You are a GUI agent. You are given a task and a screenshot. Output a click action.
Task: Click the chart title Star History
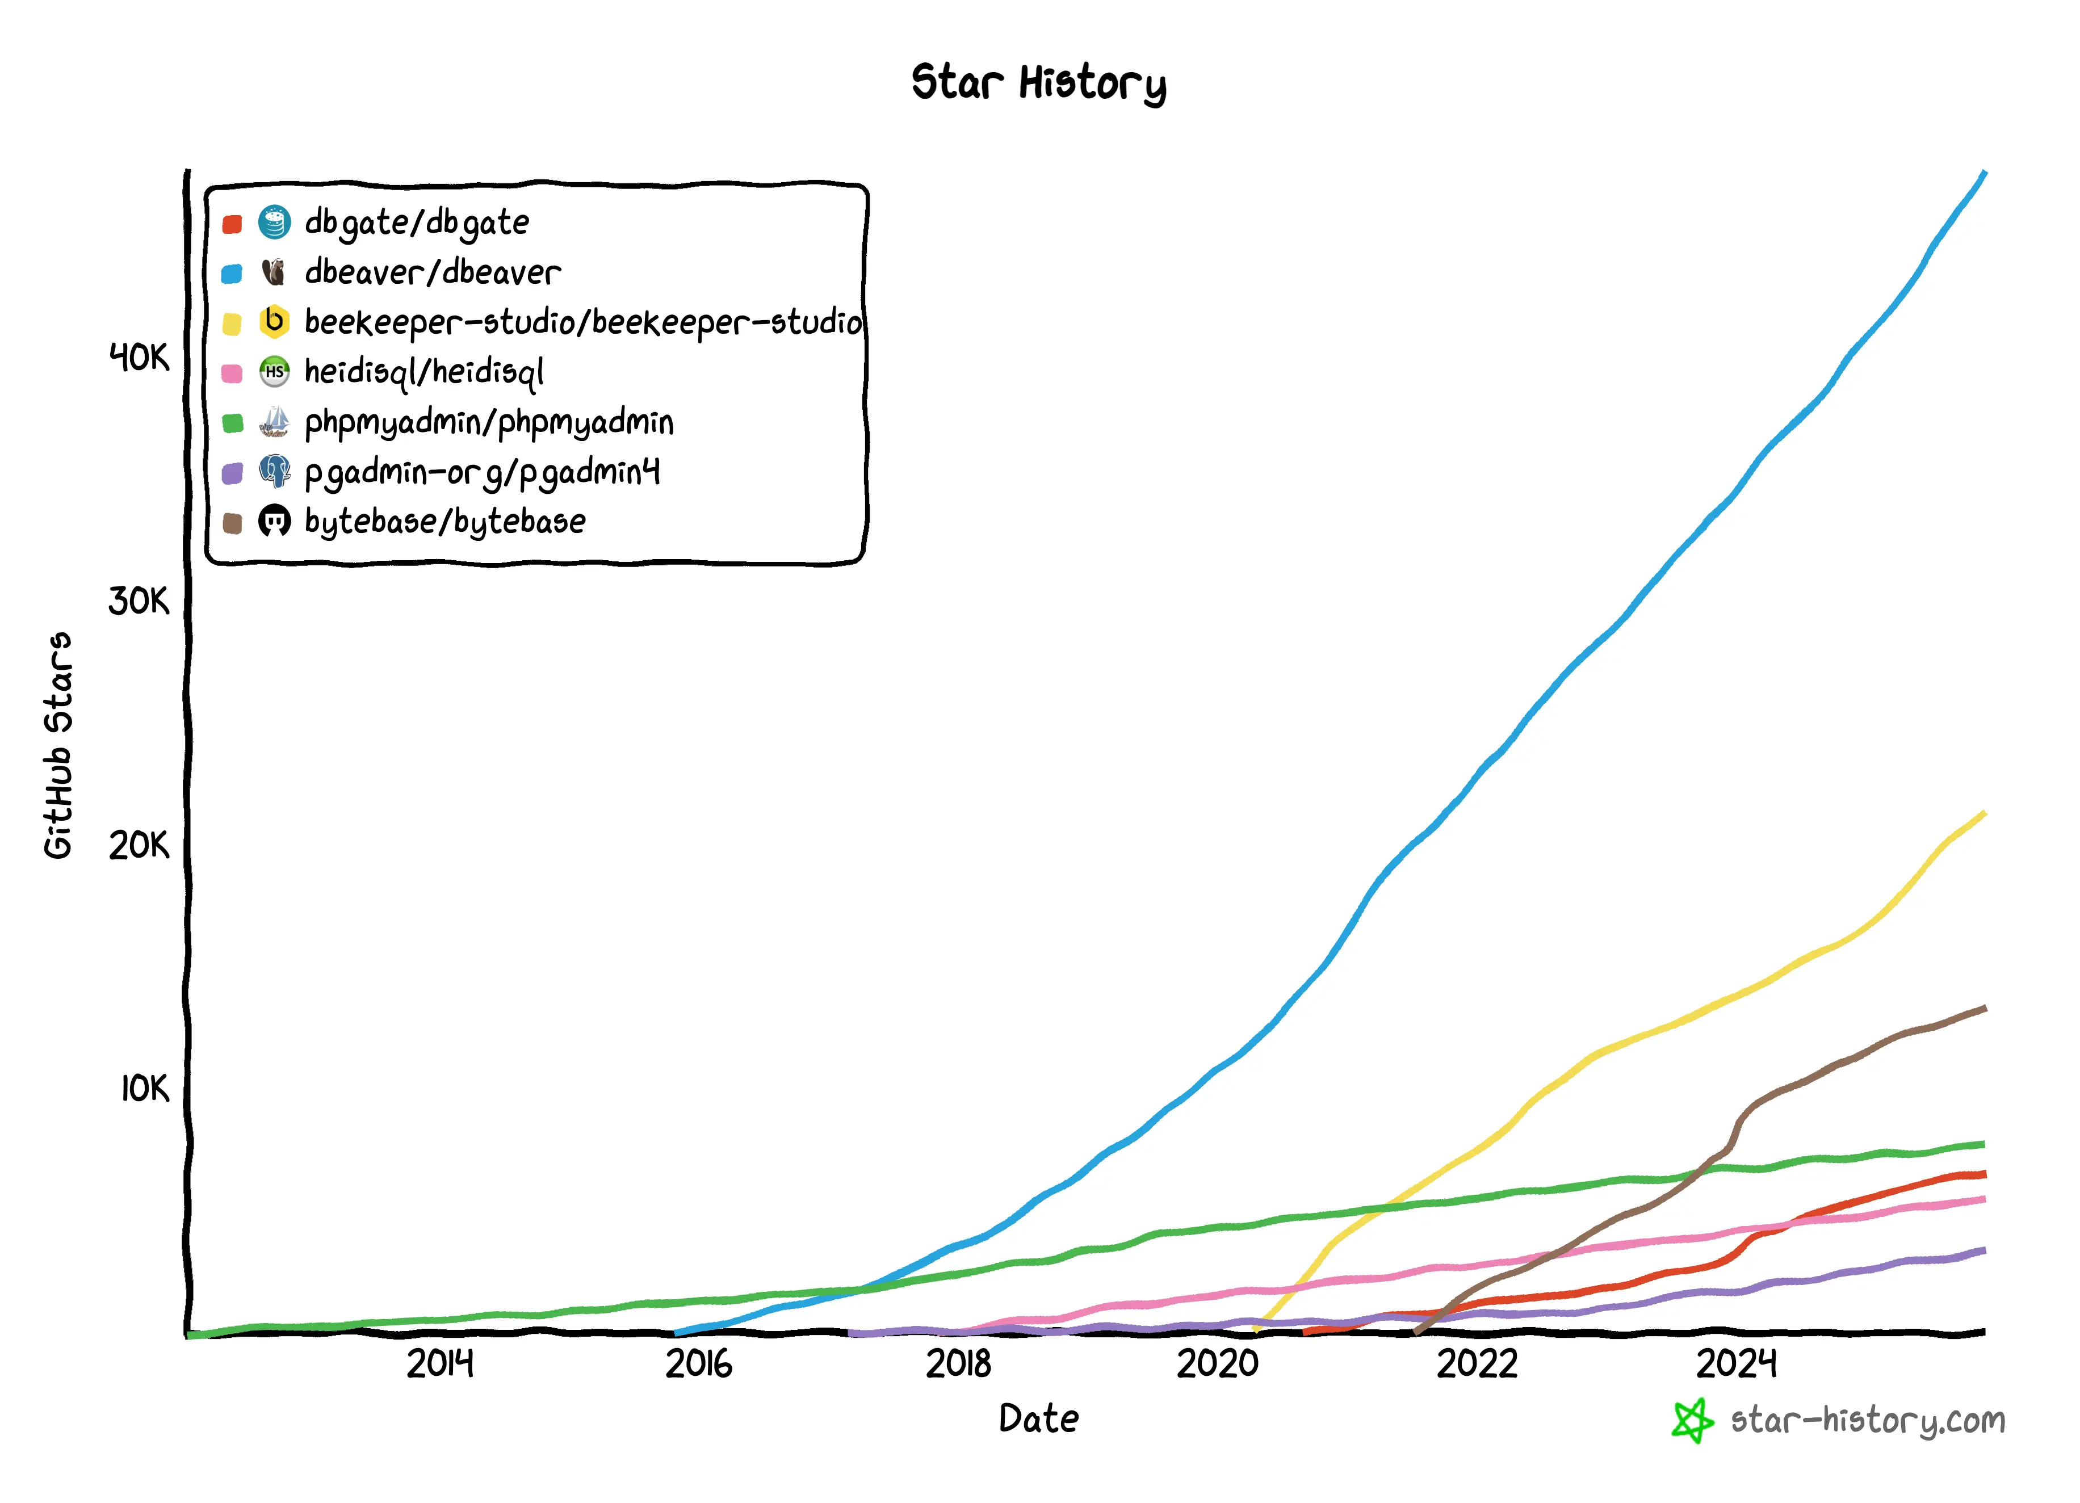coord(1038,82)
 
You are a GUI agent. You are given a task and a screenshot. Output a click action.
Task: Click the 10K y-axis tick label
coord(145,1089)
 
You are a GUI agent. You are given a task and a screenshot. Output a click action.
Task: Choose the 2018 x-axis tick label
coord(958,1365)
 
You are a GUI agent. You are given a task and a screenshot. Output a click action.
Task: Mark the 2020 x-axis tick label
coord(1218,1365)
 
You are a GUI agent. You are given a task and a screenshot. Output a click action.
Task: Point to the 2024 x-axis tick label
coord(1736,1365)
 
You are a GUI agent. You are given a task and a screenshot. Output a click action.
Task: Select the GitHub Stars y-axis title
coord(58,745)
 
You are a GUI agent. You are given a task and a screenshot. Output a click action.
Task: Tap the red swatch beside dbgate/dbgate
coord(232,224)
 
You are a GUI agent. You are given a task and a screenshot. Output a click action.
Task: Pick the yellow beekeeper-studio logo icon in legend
coord(274,322)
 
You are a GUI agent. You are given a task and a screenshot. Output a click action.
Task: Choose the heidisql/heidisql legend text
coord(423,372)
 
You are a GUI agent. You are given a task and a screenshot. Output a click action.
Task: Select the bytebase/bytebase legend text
coord(445,522)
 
